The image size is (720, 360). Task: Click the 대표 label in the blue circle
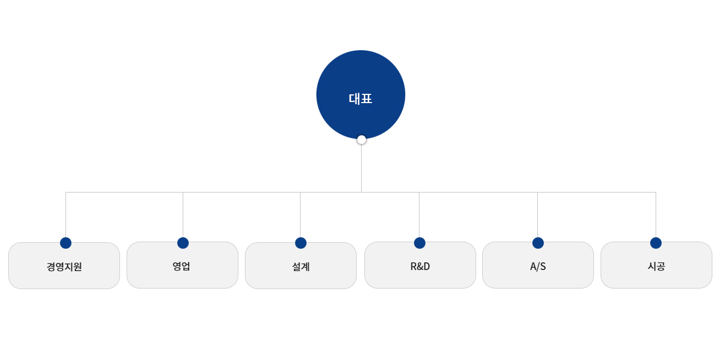click(x=361, y=99)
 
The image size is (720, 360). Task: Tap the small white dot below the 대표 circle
click(x=361, y=140)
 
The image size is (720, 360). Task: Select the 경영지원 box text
click(x=64, y=267)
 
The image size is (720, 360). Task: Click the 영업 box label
click(x=182, y=266)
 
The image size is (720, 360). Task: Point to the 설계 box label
click(x=301, y=267)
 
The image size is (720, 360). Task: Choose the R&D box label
click(x=420, y=267)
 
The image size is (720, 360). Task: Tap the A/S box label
click(x=538, y=267)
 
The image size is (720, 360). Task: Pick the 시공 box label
click(x=656, y=266)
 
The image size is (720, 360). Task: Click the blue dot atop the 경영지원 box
click(x=65, y=243)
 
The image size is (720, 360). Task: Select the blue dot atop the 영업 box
click(x=183, y=243)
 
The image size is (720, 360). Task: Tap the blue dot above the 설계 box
click(x=301, y=243)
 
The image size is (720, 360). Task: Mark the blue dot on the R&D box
click(x=419, y=243)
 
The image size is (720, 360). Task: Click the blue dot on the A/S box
click(x=538, y=243)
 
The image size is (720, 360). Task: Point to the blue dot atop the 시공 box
click(x=656, y=243)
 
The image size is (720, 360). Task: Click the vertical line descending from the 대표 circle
click(x=361, y=168)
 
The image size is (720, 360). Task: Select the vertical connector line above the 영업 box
click(x=183, y=215)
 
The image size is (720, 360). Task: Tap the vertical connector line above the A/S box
click(x=537, y=215)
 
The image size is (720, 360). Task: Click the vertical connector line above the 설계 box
click(x=300, y=215)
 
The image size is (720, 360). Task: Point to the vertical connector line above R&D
click(x=419, y=215)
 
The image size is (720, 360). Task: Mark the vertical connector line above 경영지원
click(x=65, y=215)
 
